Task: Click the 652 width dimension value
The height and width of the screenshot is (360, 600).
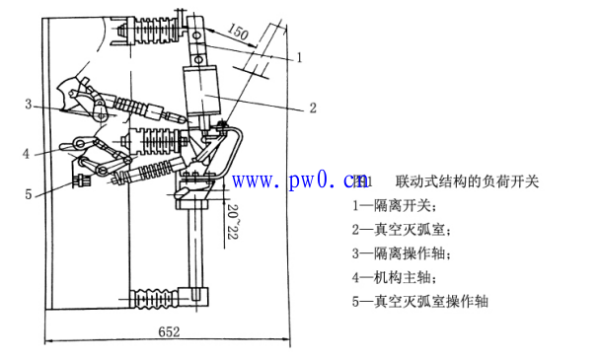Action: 168,333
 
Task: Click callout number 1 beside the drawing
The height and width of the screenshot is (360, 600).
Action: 299,56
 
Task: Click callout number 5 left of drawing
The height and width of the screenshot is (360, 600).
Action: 29,193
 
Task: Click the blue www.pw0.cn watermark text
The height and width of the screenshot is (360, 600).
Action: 299,181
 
